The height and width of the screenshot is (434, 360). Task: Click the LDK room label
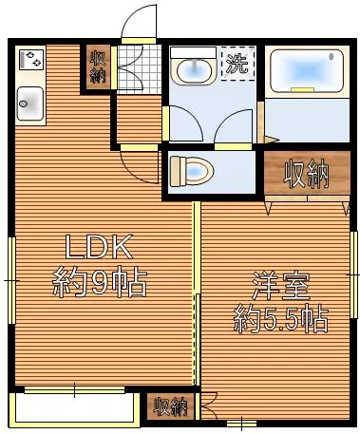99,247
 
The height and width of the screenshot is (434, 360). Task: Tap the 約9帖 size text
100,282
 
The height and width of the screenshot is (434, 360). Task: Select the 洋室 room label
280,287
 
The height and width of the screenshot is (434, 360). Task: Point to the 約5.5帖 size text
280,319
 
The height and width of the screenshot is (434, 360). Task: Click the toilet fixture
192,171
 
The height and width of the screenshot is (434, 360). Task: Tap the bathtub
307,71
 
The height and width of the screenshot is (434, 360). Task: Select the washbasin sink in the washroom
194,66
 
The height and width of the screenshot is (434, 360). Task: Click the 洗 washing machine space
238,64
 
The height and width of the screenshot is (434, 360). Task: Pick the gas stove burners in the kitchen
31,60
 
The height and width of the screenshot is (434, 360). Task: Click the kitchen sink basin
30,104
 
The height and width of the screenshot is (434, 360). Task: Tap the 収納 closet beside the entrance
99,67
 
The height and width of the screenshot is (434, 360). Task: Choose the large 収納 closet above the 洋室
307,173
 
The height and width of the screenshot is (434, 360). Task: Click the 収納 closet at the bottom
171,406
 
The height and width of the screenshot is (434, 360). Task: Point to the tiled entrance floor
140,69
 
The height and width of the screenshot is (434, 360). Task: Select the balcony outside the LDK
74,408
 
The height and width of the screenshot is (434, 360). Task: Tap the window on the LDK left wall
11,280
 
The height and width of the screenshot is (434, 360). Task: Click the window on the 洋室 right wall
353,274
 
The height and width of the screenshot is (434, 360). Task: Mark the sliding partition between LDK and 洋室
197,293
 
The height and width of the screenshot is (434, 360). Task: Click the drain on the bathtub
332,57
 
